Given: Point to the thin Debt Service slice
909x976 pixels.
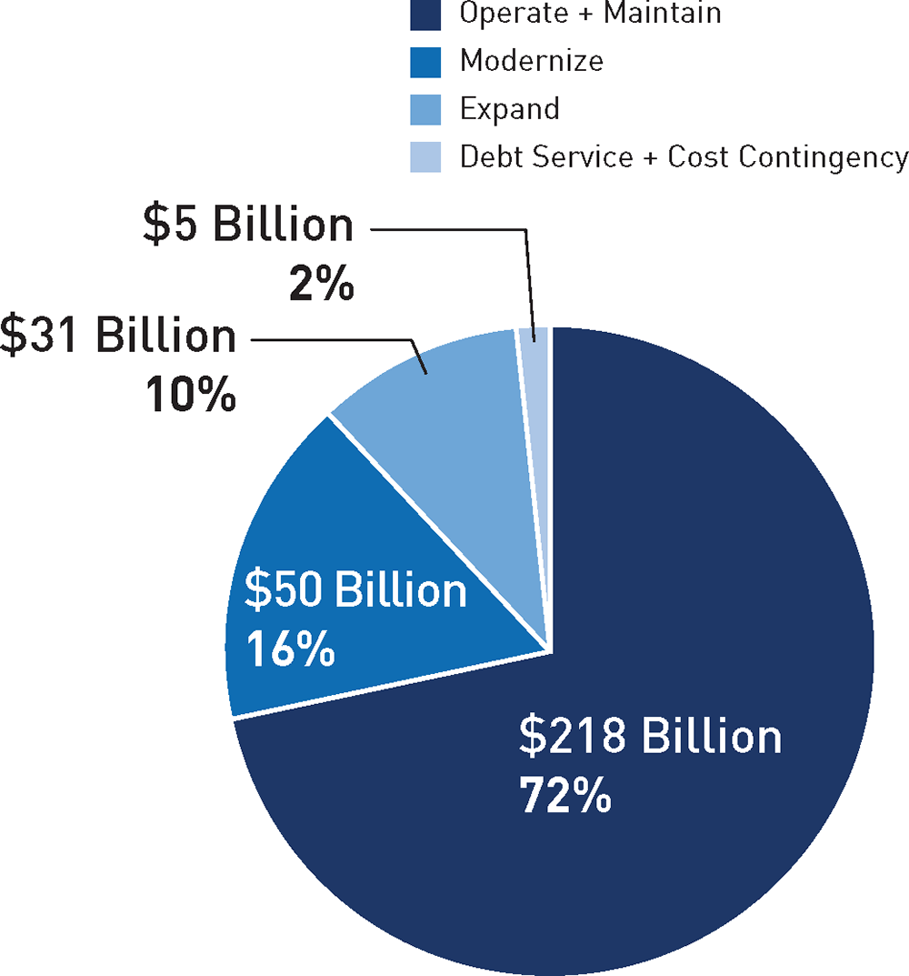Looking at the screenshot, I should click(x=534, y=364).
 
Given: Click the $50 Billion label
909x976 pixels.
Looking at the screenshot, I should click(x=355, y=592).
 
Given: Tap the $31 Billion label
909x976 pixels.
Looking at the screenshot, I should click(x=118, y=336).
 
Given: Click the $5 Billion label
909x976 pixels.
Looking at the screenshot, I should click(x=247, y=225).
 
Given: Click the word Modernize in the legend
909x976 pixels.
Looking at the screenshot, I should click(x=531, y=61).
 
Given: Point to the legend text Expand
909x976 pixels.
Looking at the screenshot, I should click(x=509, y=109).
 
